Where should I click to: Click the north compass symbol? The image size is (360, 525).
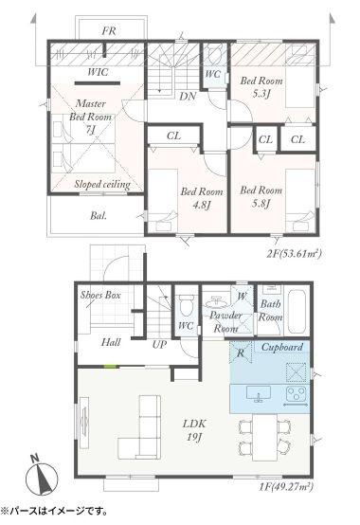(42, 476)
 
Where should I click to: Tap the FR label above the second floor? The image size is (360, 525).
(109, 31)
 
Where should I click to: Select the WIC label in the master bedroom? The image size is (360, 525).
(98, 72)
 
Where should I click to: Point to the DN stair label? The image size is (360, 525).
(188, 97)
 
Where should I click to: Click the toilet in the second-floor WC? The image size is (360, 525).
(213, 55)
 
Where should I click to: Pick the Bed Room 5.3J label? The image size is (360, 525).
(261, 87)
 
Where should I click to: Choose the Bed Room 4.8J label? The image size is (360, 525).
(202, 198)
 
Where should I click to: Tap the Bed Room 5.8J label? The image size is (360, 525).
(261, 196)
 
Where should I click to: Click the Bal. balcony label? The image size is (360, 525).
(99, 215)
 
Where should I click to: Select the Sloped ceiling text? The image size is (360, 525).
(102, 184)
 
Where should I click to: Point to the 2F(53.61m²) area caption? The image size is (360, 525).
(294, 254)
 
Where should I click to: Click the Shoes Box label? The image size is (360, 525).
(100, 295)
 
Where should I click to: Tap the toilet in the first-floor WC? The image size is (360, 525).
(185, 304)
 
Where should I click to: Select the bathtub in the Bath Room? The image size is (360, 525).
(297, 312)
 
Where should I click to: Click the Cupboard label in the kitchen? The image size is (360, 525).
(282, 347)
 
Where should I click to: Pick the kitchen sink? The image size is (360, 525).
(259, 393)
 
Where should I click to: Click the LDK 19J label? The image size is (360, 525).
(194, 430)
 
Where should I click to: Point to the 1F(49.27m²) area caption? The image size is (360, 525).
(285, 486)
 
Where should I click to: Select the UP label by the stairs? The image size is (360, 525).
(159, 344)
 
